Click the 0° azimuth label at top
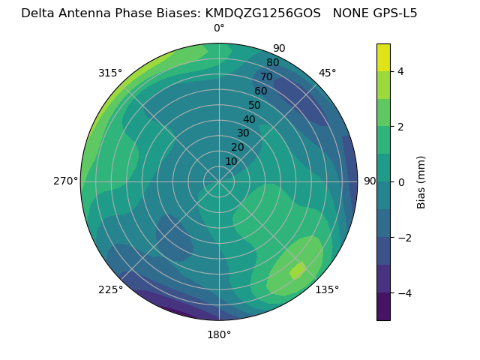[219, 28]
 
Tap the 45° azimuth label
[327, 73]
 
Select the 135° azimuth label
[327, 289]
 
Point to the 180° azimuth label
[219, 334]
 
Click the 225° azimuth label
[110, 289]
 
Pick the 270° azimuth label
[65, 181]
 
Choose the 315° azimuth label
[110, 73]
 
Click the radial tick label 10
[231, 161]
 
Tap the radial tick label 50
[255, 106]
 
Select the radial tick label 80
[272, 63]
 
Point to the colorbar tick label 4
[401, 71]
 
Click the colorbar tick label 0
[401, 182]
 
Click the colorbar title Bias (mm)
[421, 182]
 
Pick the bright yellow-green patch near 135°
[298, 270]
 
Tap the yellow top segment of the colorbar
[383, 57]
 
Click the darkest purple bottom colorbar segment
[383, 307]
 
